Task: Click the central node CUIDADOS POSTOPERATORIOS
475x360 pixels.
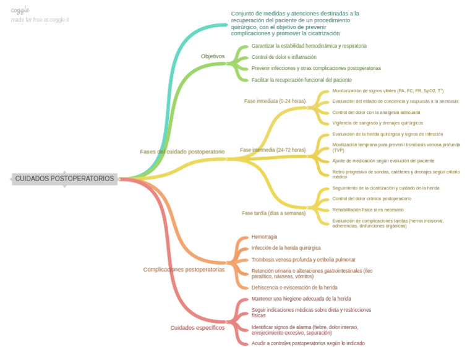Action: (64, 179)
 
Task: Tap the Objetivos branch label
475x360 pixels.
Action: (213, 56)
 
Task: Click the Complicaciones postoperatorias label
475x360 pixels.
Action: (184, 270)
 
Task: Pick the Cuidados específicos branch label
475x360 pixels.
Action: (197, 328)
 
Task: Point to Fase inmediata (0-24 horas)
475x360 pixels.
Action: (275, 101)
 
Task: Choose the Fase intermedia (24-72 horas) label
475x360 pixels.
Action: (273, 150)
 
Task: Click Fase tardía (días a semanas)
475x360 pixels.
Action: (273, 213)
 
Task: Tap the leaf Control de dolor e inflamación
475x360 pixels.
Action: (284, 57)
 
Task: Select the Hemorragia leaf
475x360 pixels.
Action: (264, 237)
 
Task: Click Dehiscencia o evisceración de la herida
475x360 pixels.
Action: (294, 288)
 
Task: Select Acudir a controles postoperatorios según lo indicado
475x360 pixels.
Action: (308, 343)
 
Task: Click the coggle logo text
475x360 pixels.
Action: (20, 10)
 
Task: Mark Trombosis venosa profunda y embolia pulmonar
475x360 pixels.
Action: (303, 260)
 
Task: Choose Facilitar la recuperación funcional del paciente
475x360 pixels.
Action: (302, 80)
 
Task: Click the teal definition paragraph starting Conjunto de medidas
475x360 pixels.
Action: (295, 24)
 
